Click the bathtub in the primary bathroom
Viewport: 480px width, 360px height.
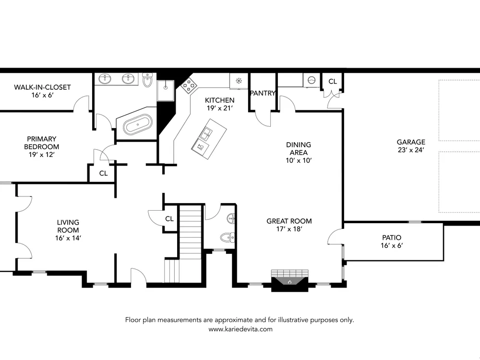point(137,125)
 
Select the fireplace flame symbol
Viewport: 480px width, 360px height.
point(289,281)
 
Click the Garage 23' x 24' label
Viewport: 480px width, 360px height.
point(411,146)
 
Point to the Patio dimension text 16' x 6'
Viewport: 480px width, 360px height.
point(392,245)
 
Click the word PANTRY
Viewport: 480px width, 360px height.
point(263,93)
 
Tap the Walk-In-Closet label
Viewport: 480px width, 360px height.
point(42,87)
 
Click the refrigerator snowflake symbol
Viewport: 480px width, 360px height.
point(239,81)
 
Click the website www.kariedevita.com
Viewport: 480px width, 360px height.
point(240,329)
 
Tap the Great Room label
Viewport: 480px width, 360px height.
point(289,221)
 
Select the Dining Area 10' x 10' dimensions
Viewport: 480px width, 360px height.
point(299,160)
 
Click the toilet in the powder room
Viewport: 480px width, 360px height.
point(228,237)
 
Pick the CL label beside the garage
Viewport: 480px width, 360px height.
point(333,82)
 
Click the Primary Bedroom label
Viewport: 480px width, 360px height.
point(41,143)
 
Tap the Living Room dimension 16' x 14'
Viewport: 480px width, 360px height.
point(68,238)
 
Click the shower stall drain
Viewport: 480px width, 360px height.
point(166,87)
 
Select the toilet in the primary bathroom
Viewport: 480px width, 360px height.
point(147,80)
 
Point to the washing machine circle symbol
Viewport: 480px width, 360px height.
point(312,81)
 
